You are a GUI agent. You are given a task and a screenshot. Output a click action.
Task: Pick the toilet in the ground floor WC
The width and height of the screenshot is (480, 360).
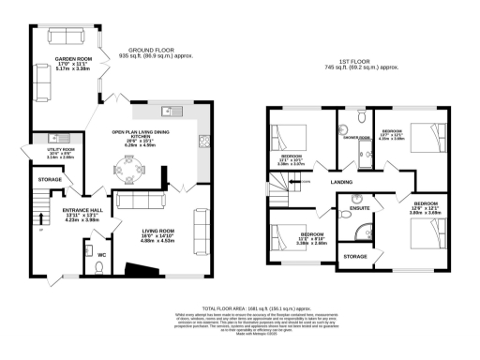coord(101,267)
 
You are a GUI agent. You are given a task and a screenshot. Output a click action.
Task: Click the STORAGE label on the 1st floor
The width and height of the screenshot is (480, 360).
coord(355,256)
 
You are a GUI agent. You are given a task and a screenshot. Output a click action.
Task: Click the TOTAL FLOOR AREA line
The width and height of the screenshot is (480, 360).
coord(240,307)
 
